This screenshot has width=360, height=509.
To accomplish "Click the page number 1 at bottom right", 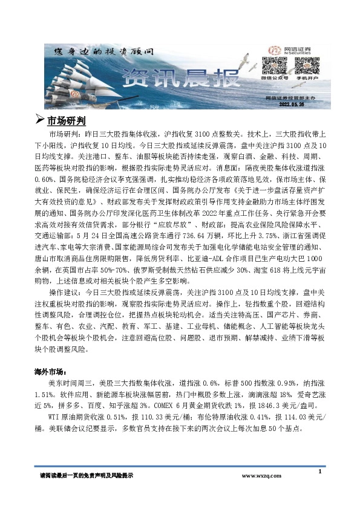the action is [x=319, y=471].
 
